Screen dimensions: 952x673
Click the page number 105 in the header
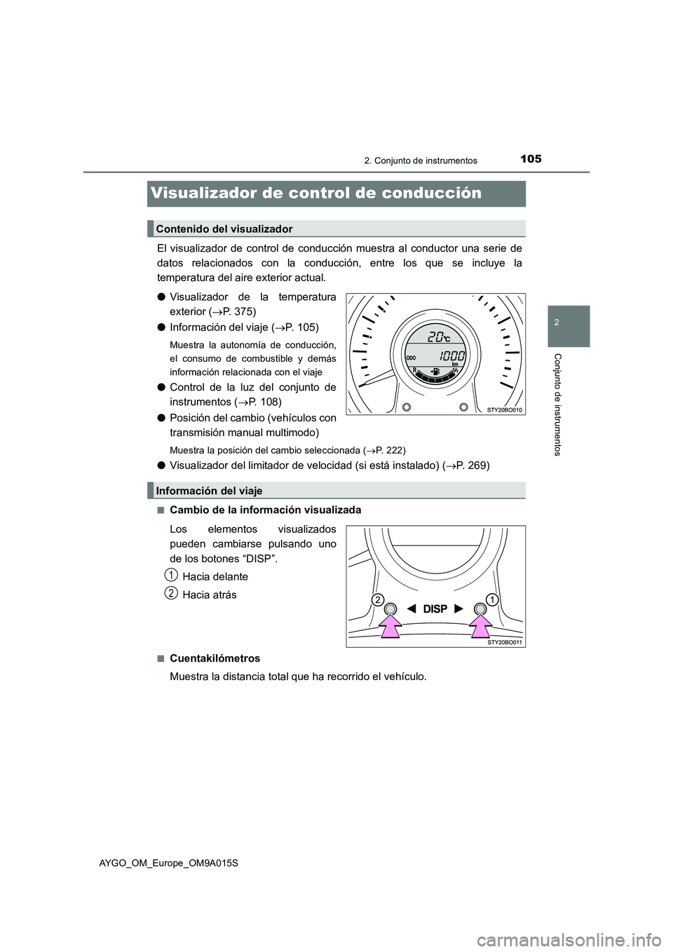(x=531, y=159)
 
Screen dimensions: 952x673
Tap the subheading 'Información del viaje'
(x=209, y=491)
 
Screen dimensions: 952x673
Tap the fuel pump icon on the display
(x=437, y=371)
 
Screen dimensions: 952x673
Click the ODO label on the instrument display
(x=412, y=358)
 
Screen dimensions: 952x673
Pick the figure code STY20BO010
(x=505, y=409)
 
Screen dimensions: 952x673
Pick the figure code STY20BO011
(x=505, y=641)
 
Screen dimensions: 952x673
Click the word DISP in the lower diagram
(x=435, y=609)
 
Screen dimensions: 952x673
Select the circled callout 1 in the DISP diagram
(x=493, y=599)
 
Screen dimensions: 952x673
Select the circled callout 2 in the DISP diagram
(x=377, y=599)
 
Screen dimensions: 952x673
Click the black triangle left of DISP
(x=412, y=609)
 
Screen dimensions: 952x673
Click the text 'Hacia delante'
(x=215, y=577)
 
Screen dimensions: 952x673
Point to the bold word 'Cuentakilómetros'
(x=215, y=658)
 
